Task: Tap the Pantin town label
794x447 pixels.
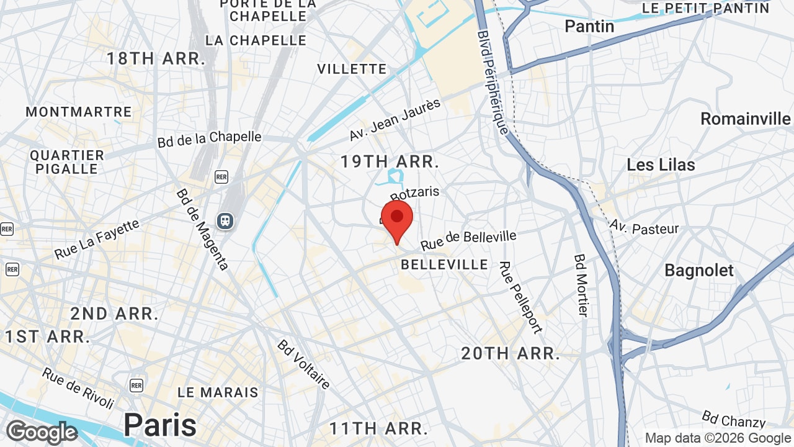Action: pos(589,26)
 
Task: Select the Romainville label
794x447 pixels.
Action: pos(746,119)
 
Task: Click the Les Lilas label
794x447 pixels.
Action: pos(661,165)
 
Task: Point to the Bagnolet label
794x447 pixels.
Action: pos(699,270)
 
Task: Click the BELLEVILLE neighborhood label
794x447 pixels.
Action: pos(444,264)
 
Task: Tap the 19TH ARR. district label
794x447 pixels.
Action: pos(390,162)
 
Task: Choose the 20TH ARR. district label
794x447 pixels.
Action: pos(511,354)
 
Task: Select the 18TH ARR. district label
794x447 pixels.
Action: pos(156,59)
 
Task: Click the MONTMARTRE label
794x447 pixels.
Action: pos(79,112)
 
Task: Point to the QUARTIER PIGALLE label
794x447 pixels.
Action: pos(67,162)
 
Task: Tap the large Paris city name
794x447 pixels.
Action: pos(160,425)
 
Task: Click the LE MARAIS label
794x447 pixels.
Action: pos(218,392)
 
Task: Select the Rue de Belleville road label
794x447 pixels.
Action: pos(468,240)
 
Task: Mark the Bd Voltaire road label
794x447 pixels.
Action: pos(304,364)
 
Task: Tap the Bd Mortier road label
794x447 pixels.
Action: pos(581,285)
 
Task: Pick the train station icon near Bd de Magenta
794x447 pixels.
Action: pos(225,220)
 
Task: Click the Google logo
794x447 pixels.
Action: pos(42,432)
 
